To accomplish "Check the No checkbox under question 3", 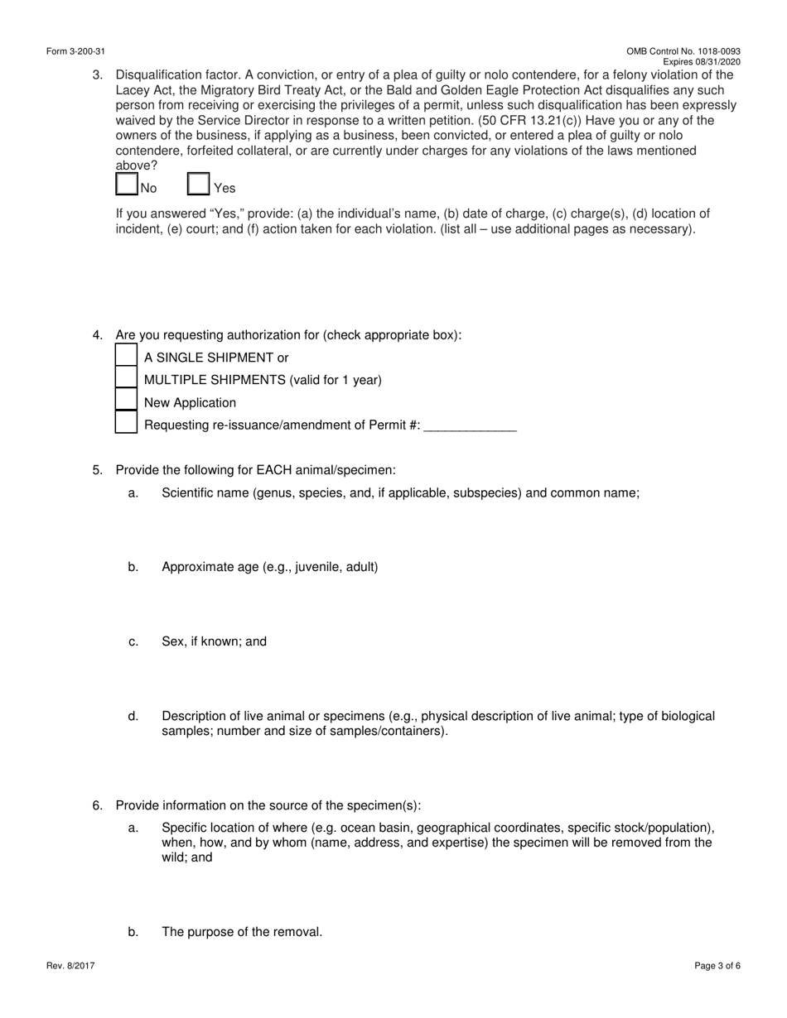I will [x=127, y=184].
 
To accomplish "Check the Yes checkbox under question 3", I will [x=199, y=184].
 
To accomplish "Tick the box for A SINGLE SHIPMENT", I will [x=126, y=356].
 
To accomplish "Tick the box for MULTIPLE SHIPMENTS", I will [x=126, y=378].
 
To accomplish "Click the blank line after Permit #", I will [x=470, y=426].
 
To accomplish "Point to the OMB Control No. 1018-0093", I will [x=683, y=51].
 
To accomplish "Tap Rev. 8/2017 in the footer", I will [x=70, y=965].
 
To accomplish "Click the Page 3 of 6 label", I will [x=717, y=965].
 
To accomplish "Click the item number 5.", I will [x=97, y=470].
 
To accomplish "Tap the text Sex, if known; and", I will [x=214, y=642].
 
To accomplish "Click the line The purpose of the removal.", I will [x=241, y=932].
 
